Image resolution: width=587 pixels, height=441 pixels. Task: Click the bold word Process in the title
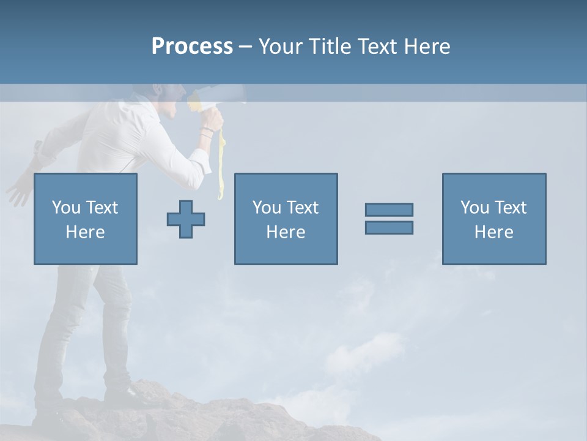pyautogui.click(x=192, y=47)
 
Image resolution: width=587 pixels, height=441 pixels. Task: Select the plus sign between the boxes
pyautogui.click(x=186, y=219)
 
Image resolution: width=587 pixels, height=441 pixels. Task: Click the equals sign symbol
pyautogui.click(x=389, y=219)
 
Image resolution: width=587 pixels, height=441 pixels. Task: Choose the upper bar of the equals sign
pyautogui.click(x=389, y=209)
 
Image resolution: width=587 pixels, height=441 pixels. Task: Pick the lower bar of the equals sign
pyautogui.click(x=389, y=227)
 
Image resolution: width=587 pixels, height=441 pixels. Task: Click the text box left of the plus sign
pyautogui.click(x=86, y=219)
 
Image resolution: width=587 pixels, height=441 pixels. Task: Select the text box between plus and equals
pyautogui.click(x=286, y=219)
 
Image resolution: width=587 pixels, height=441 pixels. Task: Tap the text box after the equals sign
pyautogui.click(x=493, y=219)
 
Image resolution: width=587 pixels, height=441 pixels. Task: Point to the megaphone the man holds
pyautogui.click(x=214, y=98)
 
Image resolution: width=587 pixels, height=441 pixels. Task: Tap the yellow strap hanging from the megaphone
pyautogui.click(x=221, y=162)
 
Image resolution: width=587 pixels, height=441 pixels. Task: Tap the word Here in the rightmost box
pyautogui.click(x=493, y=232)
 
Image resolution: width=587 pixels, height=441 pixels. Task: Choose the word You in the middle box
pyautogui.click(x=267, y=208)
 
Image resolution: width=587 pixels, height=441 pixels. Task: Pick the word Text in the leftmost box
pyautogui.click(x=103, y=208)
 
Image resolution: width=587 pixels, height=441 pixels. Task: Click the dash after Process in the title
pyautogui.click(x=245, y=47)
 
